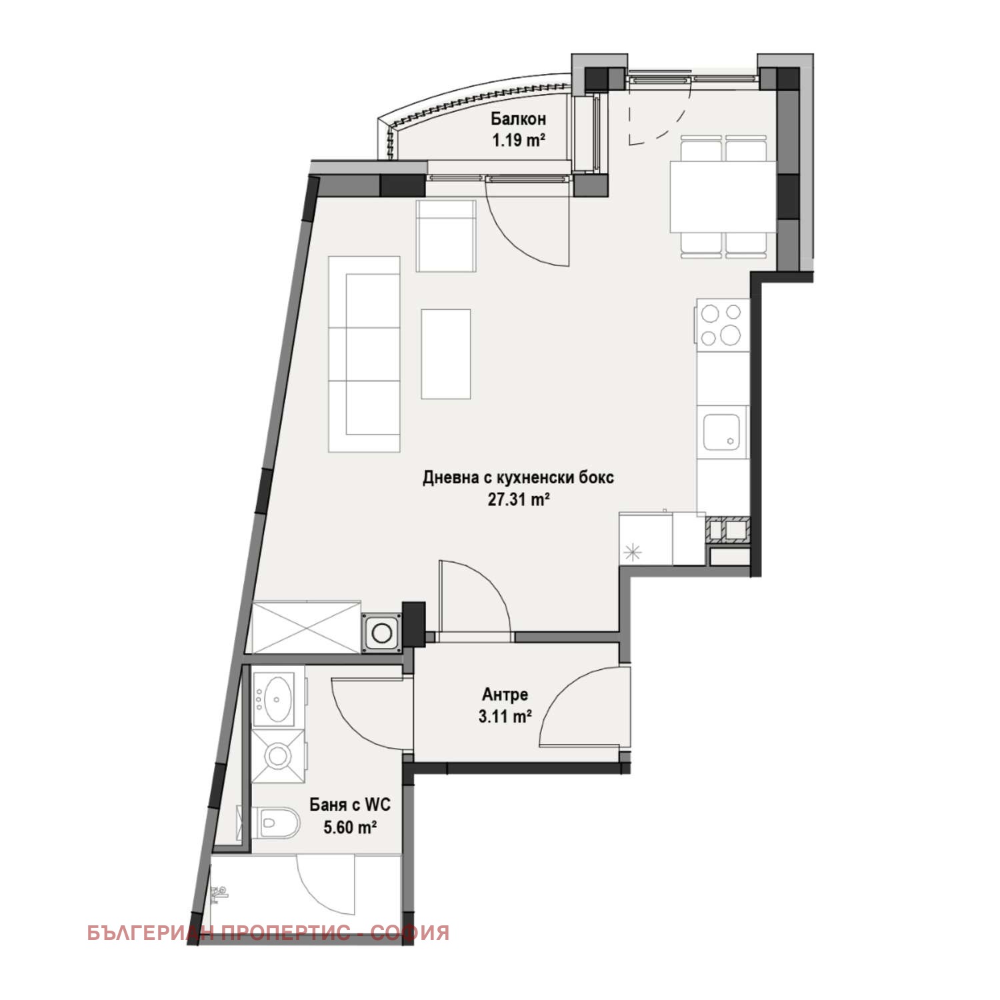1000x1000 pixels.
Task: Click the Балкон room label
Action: tap(518, 119)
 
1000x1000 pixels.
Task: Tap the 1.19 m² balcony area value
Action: tap(519, 141)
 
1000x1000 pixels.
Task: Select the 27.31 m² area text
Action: tap(519, 499)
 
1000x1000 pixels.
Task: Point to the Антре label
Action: tap(505, 695)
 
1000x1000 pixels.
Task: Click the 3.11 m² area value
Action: tap(505, 717)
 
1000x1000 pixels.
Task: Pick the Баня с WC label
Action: tap(350, 805)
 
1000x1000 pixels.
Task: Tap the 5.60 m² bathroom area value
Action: tap(350, 827)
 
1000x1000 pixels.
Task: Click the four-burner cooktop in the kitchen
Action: tap(723, 325)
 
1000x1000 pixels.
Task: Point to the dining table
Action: tap(723, 197)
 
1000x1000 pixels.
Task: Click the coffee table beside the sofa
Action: tap(446, 354)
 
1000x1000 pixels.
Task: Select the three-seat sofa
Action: tap(364, 355)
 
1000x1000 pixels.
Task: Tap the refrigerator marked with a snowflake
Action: tap(646, 539)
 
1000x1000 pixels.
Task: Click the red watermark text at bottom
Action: tap(268, 933)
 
